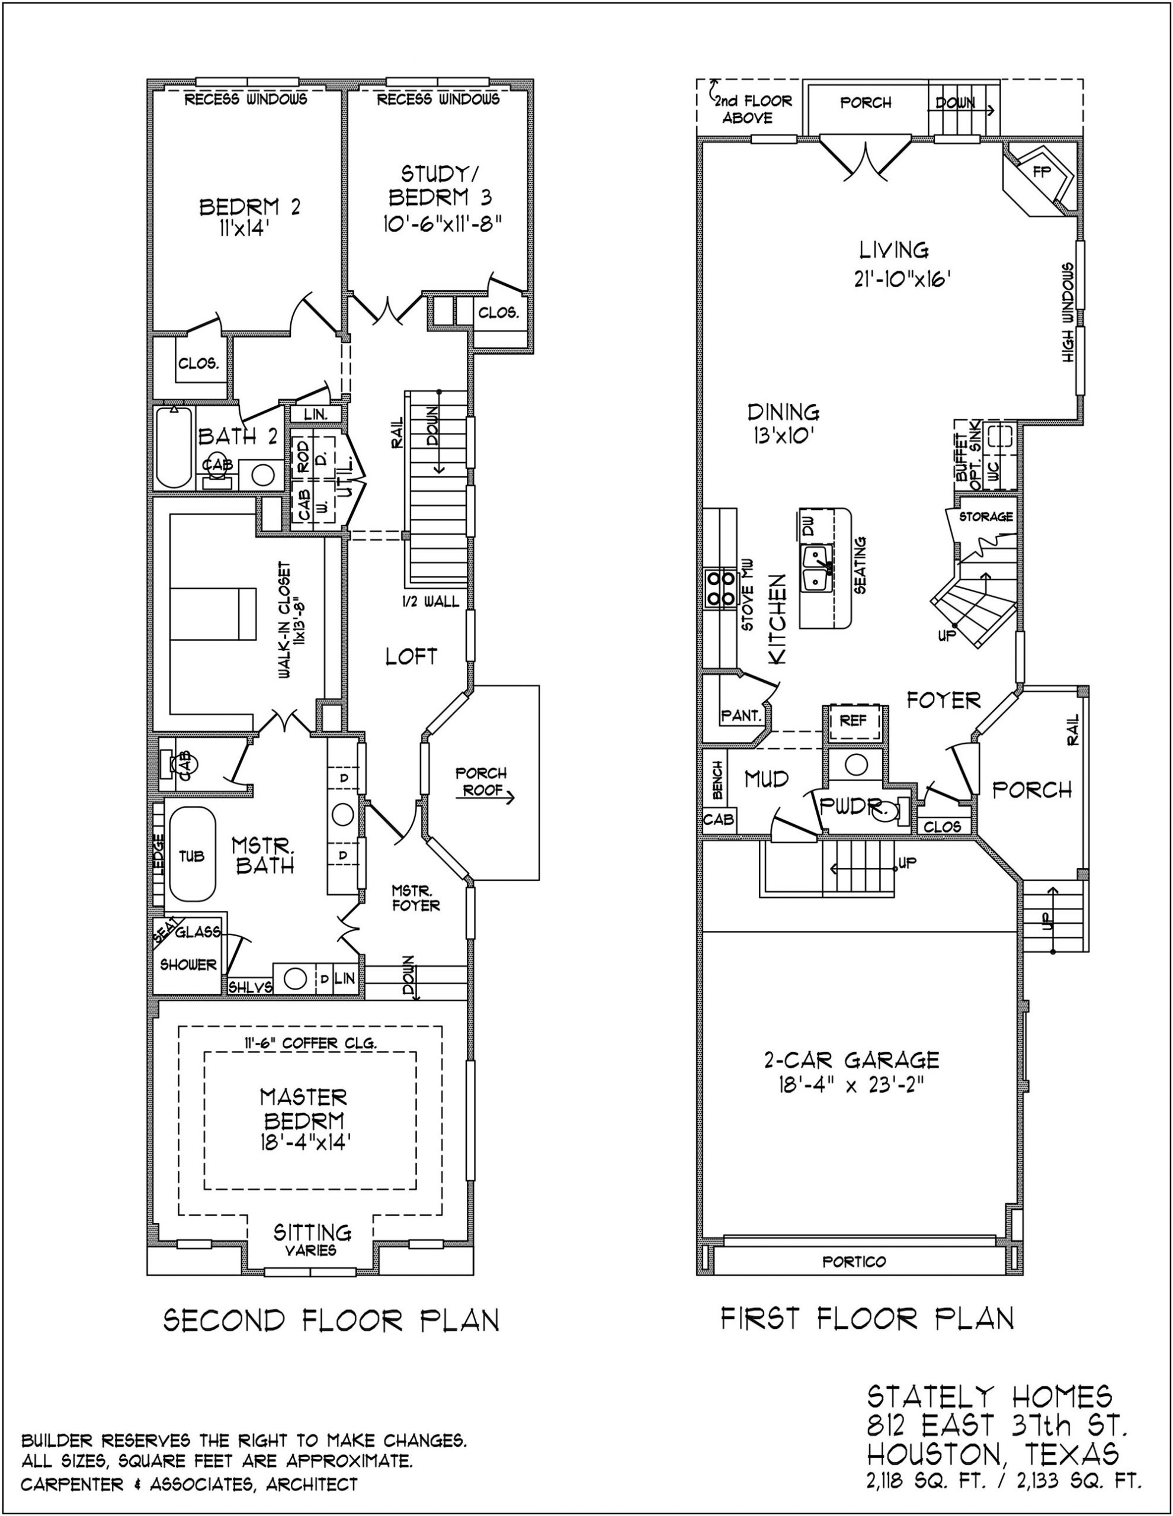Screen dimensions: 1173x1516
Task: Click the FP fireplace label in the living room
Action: (x=1041, y=172)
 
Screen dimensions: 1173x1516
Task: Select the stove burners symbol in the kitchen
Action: (x=719, y=588)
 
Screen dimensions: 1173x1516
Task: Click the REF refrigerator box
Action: (x=853, y=721)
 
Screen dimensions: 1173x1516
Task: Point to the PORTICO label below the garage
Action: (x=854, y=1262)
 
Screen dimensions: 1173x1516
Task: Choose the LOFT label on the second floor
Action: (x=411, y=656)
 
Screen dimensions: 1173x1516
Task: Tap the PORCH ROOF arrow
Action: (x=485, y=798)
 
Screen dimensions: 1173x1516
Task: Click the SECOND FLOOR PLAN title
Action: (x=331, y=1319)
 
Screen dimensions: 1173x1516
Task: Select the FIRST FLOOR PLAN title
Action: (x=867, y=1318)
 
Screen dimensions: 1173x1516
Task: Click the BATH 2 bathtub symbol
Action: (x=173, y=448)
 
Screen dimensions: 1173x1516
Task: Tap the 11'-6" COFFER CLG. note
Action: (x=310, y=1043)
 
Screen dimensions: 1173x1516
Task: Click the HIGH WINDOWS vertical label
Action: (x=1068, y=311)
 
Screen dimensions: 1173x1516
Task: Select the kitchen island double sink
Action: (x=817, y=567)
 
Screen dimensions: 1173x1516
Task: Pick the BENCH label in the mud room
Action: (x=717, y=779)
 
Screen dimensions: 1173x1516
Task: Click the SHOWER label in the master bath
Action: (x=188, y=965)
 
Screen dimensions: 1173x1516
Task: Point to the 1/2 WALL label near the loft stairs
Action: (x=431, y=601)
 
